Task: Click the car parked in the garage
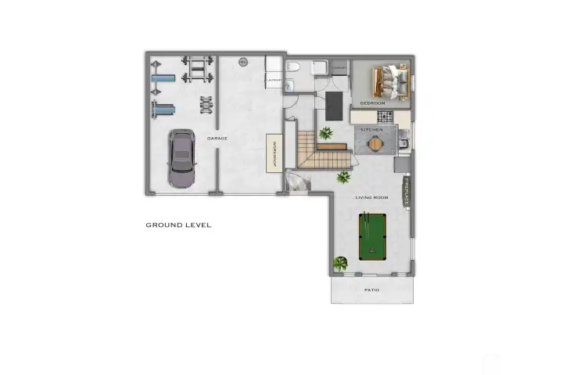coord(181,160)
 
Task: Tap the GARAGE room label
coord(217,138)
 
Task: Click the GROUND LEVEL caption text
coord(178,225)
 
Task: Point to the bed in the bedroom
coord(389,81)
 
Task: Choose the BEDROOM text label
coord(372,103)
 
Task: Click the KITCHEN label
coord(371,128)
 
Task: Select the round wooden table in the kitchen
coord(377,143)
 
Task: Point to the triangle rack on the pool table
coord(372,251)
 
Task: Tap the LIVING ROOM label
coord(371,197)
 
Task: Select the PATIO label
coord(372,290)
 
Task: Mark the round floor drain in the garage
coord(242,63)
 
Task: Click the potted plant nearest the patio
coord(340,264)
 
